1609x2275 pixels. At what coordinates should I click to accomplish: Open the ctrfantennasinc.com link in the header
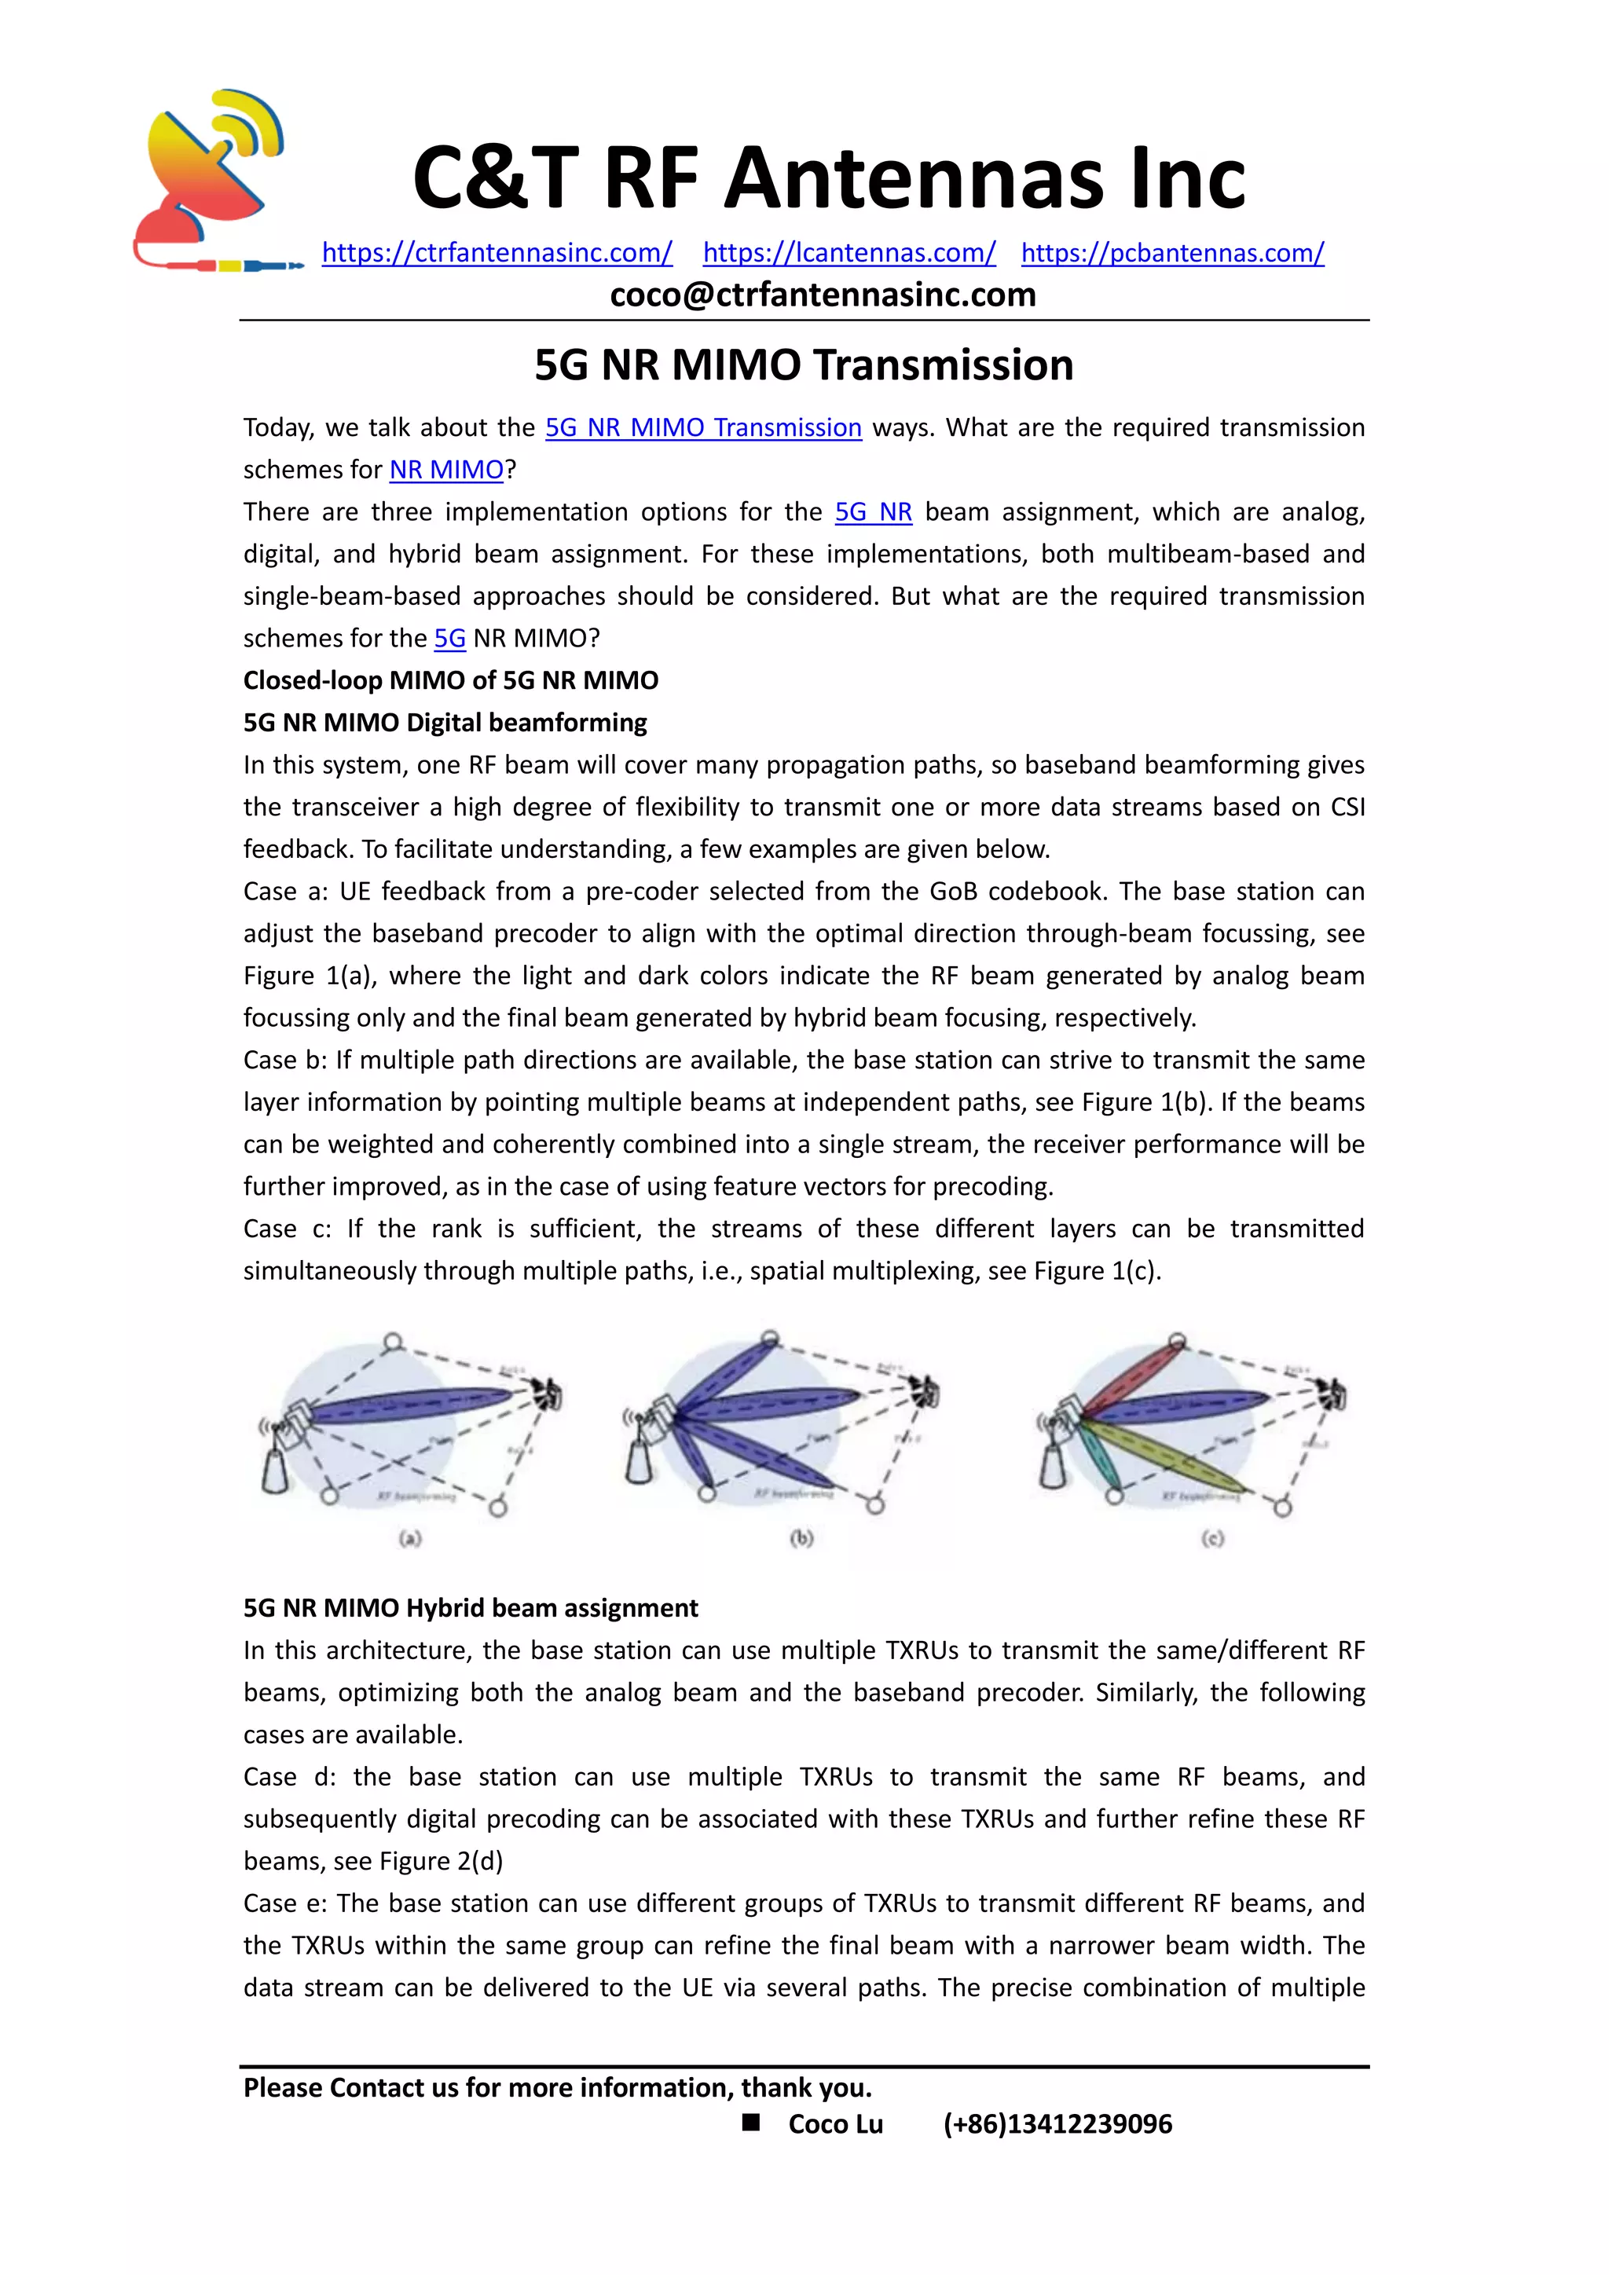(497, 253)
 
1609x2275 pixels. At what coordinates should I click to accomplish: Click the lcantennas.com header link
(849, 253)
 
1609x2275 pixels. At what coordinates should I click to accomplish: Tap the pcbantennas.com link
(1172, 253)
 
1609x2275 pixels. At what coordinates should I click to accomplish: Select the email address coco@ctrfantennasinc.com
(823, 295)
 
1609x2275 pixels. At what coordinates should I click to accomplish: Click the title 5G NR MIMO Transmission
(804, 365)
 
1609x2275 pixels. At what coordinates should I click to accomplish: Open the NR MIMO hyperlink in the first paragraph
(447, 470)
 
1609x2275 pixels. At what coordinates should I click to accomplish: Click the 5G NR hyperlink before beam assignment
(873, 512)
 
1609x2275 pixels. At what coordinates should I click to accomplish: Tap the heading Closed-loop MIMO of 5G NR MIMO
(451, 681)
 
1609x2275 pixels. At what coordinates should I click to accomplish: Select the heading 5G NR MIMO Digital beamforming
(445, 723)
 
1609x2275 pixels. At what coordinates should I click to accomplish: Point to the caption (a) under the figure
(410, 1538)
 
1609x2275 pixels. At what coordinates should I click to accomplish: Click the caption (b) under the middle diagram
(801, 1538)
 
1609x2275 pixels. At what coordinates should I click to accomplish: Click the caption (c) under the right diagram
(1213, 1538)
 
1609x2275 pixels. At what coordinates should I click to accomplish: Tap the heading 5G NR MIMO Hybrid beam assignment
(471, 1608)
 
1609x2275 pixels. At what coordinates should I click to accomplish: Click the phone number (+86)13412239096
(1057, 2124)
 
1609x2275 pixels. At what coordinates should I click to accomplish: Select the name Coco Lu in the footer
(835, 2124)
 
